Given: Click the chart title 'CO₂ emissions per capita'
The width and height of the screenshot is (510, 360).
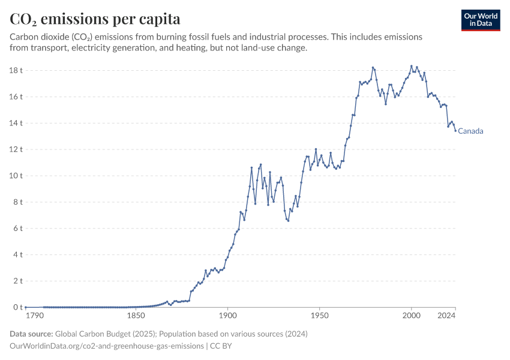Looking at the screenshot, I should [x=95, y=19].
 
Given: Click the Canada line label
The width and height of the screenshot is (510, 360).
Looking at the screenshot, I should [x=471, y=131].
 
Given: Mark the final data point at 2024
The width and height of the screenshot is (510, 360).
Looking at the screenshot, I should [x=455, y=131].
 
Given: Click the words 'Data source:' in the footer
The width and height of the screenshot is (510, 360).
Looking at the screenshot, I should [x=31, y=334].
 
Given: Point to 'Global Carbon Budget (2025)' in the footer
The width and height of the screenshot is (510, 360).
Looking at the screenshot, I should [x=107, y=334].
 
